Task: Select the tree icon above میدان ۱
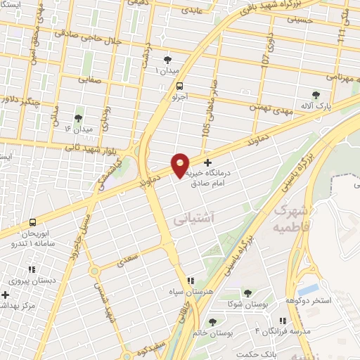[167, 60]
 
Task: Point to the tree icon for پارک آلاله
[316, 94]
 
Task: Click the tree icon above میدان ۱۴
[78, 117]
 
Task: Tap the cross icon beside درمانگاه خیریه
[207, 162]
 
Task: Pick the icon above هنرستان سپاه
[189, 280]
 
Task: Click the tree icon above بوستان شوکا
[247, 293]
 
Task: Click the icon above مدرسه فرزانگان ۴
[282, 321]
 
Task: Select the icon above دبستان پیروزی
[31, 269]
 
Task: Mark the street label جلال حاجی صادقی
[84, 37]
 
